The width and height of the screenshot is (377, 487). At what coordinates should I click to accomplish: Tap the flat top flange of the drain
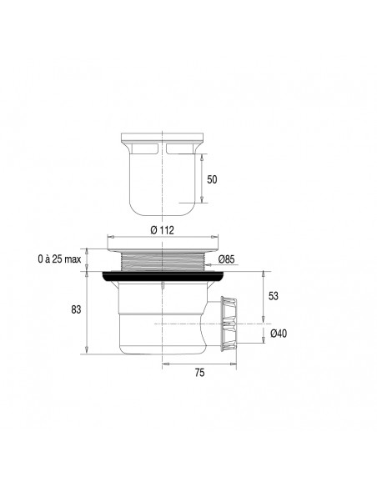pyautogui.click(x=163, y=247)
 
